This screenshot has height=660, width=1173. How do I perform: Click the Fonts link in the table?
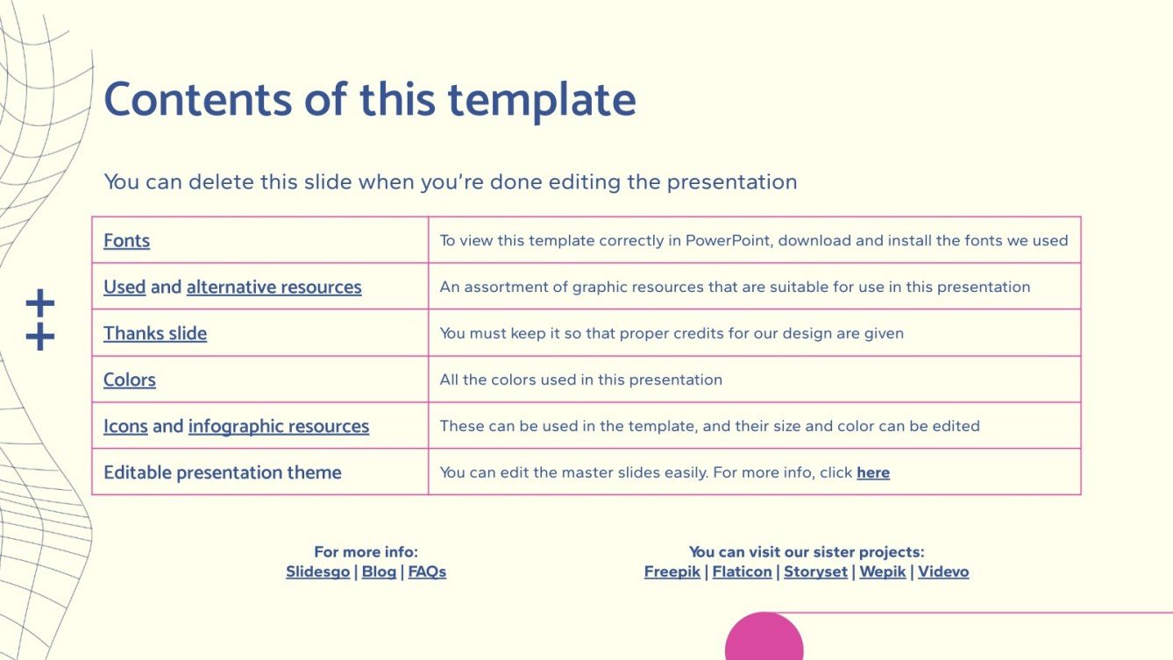[x=126, y=241]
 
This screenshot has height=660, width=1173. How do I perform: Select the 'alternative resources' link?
[x=274, y=287]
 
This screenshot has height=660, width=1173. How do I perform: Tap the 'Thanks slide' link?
[x=155, y=334]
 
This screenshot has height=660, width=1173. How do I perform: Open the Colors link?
[x=130, y=380]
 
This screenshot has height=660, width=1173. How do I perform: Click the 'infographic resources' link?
[x=279, y=427]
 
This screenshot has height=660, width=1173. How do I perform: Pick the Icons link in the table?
[x=125, y=427]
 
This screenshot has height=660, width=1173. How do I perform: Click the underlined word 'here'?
[x=873, y=473]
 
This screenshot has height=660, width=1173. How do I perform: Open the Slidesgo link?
[x=317, y=572]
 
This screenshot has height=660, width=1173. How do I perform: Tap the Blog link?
[x=379, y=572]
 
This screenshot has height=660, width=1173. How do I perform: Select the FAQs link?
[x=427, y=572]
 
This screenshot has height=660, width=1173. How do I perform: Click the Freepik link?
[x=672, y=572]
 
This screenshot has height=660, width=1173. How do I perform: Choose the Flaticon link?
[x=742, y=572]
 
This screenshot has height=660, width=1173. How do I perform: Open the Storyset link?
[x=815, y=572]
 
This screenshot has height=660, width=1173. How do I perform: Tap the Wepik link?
[x=883, y=572]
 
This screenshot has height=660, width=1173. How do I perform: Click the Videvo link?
[x=943, y=572]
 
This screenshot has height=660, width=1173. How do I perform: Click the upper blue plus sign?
[x=40, y=304]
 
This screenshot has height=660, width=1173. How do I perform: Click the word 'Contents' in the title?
[x=198, y=99]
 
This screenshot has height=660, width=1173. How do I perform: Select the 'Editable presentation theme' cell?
[x=223, y=473]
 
